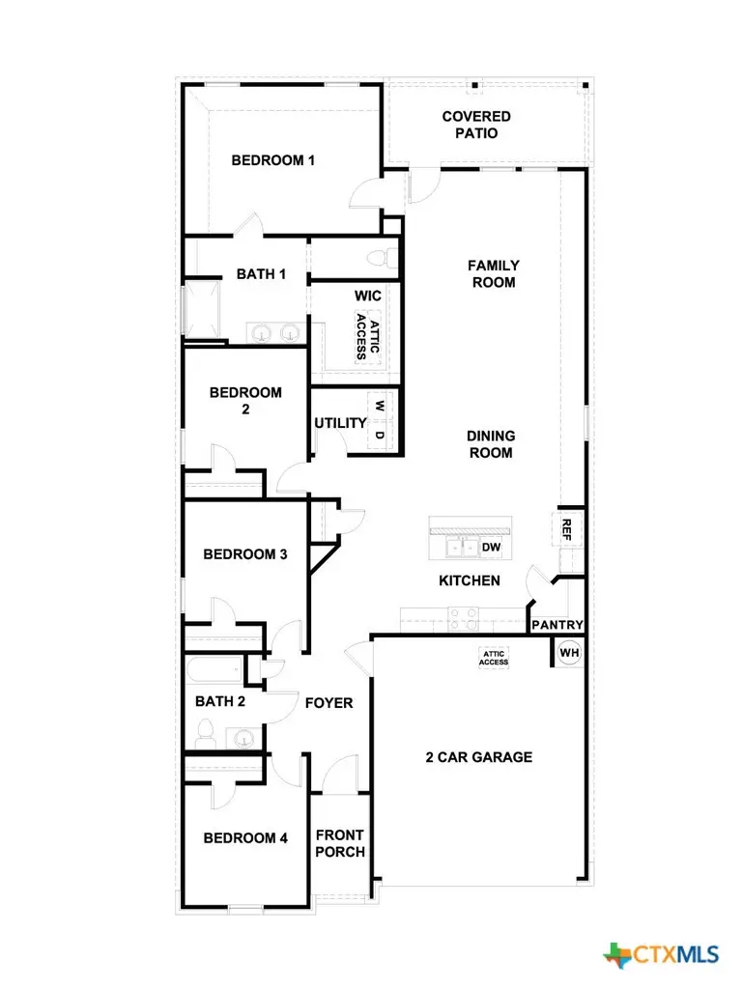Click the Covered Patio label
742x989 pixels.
(476, 125)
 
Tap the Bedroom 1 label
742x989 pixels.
(272, 160)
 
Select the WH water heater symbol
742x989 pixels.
(569, 653)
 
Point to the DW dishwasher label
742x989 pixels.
(491, 548)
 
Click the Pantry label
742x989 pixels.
(557, 625)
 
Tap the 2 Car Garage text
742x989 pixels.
(478, 757)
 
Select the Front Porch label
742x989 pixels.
(340, 843)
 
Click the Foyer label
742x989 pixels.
(328, 703)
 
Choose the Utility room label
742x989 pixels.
(340, 423)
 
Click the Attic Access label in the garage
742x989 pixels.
(495, 658)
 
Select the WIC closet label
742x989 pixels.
(368, 295)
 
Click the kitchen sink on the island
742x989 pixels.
(456, 548)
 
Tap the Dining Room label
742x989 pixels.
(491, 444)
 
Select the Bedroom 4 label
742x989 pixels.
(245, 838)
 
